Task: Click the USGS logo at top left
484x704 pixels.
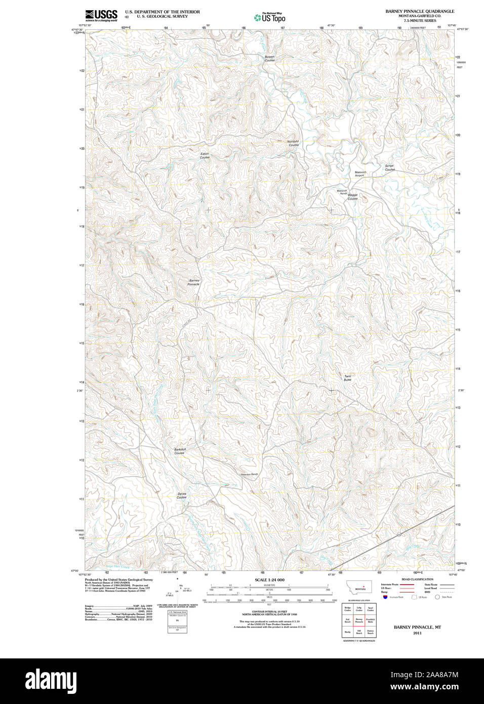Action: click(x=101, y=15)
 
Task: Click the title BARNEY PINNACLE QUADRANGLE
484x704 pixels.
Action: click(x=420, y=11)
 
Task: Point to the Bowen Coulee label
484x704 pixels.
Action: click(x=270, y=59)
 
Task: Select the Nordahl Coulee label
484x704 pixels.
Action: click(x=293, y=143)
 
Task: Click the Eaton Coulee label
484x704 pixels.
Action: click(x=205, y=155)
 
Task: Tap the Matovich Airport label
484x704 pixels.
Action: click(x=360, y=174)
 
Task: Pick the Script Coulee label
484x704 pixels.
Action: click(x=389, y=168)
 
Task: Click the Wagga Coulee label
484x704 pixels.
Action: click(x=352, y=197)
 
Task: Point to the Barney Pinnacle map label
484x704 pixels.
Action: click(x=194, y=282)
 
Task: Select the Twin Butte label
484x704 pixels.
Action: click(x=347, y=378)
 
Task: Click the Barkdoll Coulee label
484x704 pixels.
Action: click(x=180, y=451)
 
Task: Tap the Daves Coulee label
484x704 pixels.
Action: click(x=182, y=495)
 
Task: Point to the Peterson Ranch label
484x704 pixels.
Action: click(x=249, y=474)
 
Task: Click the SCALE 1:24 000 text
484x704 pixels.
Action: click(x=269, y=580)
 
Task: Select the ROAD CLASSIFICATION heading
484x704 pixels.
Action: click(x=417, y=579)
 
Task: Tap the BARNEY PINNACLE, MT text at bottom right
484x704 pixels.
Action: click(x=417, y=627)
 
